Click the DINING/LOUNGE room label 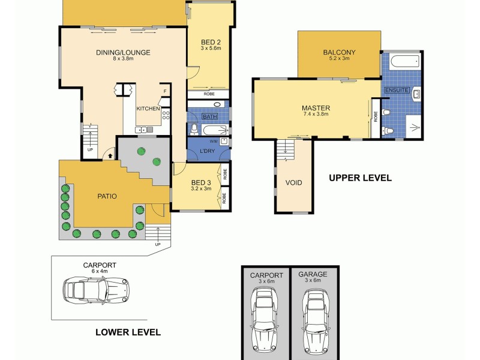(x=122, y=53)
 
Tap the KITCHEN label (x=148, y=109)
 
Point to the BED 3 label (x=201, y=182)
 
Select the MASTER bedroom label (x=316, y=109)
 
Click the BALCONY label (x=339, y=53)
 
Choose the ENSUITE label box (x=397, y=90)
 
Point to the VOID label (x=293, y=182)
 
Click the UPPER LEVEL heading (x=360, y=178)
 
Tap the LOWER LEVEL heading (x=128, y=332)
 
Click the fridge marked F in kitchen (x=164, y=92)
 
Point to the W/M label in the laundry (x=214, y=142)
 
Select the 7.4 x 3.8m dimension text (x=316, y=115)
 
